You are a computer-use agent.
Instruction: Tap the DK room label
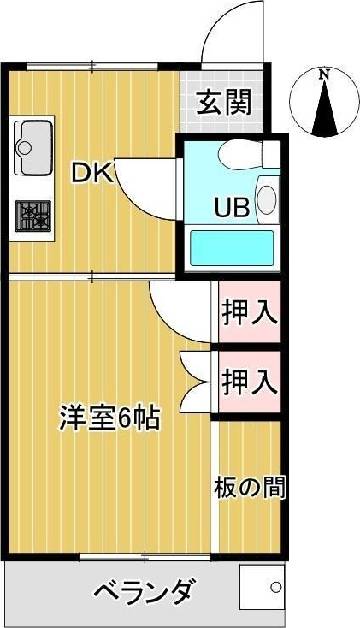tap(91, 173)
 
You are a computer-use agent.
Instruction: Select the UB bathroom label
tap(231, 208)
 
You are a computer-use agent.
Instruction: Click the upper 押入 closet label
tap(250, 313)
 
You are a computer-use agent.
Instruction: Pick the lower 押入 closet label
tap(250, 380)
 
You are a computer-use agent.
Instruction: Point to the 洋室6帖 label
tap(109, 418)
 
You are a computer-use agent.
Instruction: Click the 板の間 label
tap(250, 487)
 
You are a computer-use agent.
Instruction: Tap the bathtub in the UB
tap(231, 246)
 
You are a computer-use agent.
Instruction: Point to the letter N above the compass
tap(323, 74)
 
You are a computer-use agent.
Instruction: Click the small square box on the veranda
tap(261, 589)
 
